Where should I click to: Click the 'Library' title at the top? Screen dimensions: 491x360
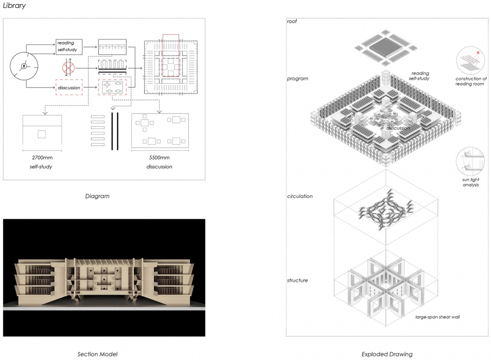(14, 5)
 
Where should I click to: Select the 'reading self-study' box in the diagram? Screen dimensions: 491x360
(69, 47)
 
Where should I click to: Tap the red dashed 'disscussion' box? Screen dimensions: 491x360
(69, 87)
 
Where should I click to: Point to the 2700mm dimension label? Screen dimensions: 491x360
(42, 157)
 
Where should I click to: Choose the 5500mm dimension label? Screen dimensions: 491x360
(159, 157)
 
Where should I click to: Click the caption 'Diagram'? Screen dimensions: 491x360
(97, 196)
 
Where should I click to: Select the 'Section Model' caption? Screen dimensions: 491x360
(97, 354)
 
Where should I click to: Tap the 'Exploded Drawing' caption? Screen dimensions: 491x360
(387, 354)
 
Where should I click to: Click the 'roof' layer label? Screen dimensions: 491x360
(292, 21)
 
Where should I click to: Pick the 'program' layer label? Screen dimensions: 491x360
(298, 79)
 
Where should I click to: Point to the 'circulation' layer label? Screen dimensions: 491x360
(300, 196)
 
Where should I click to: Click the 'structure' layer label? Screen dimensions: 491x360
(298, 280)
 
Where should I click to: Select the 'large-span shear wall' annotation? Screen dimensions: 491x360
(437, 317)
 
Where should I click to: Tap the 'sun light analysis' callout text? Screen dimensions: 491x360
(471, 182)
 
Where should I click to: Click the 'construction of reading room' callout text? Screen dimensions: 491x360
(471, 81)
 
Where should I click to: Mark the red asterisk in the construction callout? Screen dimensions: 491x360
(478, 53)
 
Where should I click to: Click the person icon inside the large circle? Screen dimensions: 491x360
(24, 66)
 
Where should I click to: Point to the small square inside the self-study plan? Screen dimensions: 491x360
(41, 134)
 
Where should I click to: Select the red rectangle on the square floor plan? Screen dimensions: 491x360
(171, 55)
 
